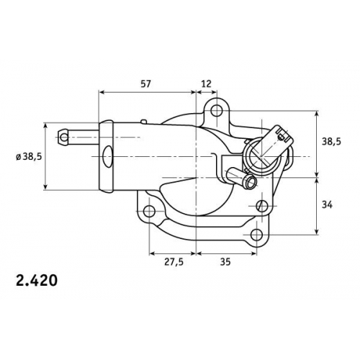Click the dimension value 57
coord(145,84)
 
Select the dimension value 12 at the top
coord(206,84)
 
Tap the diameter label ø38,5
coord(29,157)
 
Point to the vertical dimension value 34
coord(327,205)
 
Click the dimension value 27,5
coord(174,262)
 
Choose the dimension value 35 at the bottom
coord(225,262)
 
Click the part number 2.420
coord(37,280)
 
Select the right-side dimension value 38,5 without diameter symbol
coord(331,142)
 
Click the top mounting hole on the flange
coord(217,111)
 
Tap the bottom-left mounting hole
coord(149,211)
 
